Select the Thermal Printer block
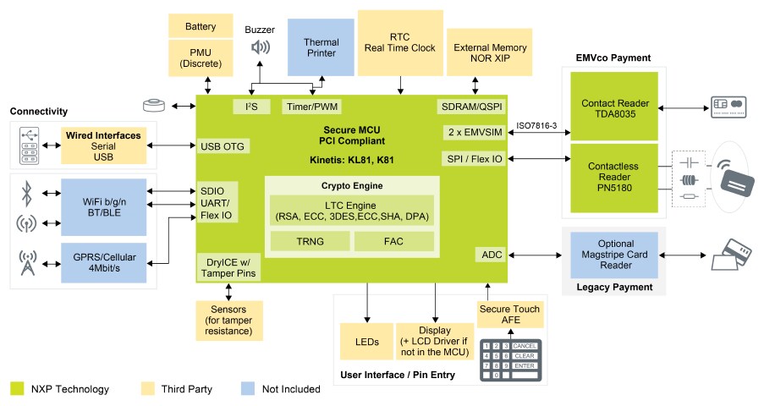pyautogui.click(x=321, y=48)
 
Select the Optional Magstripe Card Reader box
pyautogui.click(x=615, y=255)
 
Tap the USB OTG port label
pyautogui.click(x=223, y=146)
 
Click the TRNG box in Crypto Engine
pyautogui.click(x=310, y=241)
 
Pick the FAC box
pyautogui.click(x=394, y=241)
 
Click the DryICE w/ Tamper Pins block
pyautogui.click(x=228, y=267)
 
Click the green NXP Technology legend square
pyautogui.click(x=17, y=389)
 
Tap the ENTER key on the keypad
pyautogui.click(x=525, y=365)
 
